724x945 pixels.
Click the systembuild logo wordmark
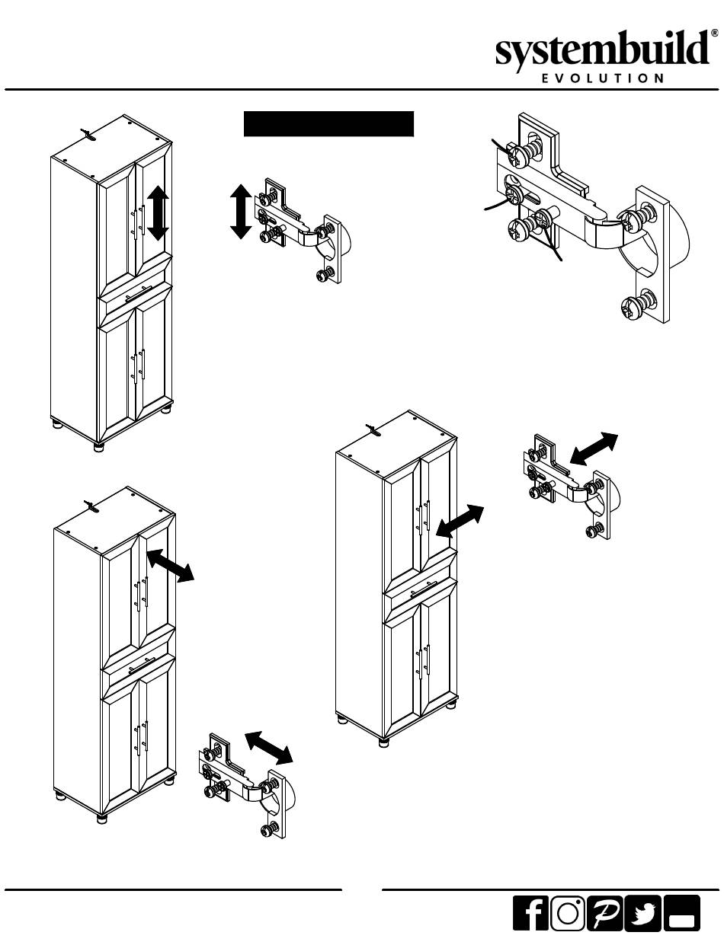(x=603, y=50)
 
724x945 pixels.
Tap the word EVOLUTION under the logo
(x=603, y=78)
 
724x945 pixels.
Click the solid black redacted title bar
(x=328, y=124)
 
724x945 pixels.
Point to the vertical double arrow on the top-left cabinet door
(x=158, y=213)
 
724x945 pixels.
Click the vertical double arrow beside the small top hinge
(x=241, y=212)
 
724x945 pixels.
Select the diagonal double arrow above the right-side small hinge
(x=594, y=449)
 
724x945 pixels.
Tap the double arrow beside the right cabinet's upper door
(x=460, y=522)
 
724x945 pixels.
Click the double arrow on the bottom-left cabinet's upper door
(x=170, y=565)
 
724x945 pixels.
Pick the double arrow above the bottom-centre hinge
(x=269, y=748)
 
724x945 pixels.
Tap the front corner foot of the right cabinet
(x=384, y=742)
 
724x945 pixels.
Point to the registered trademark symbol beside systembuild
(x=714, y=34)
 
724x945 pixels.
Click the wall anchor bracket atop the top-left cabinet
(x=88, y=134)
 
